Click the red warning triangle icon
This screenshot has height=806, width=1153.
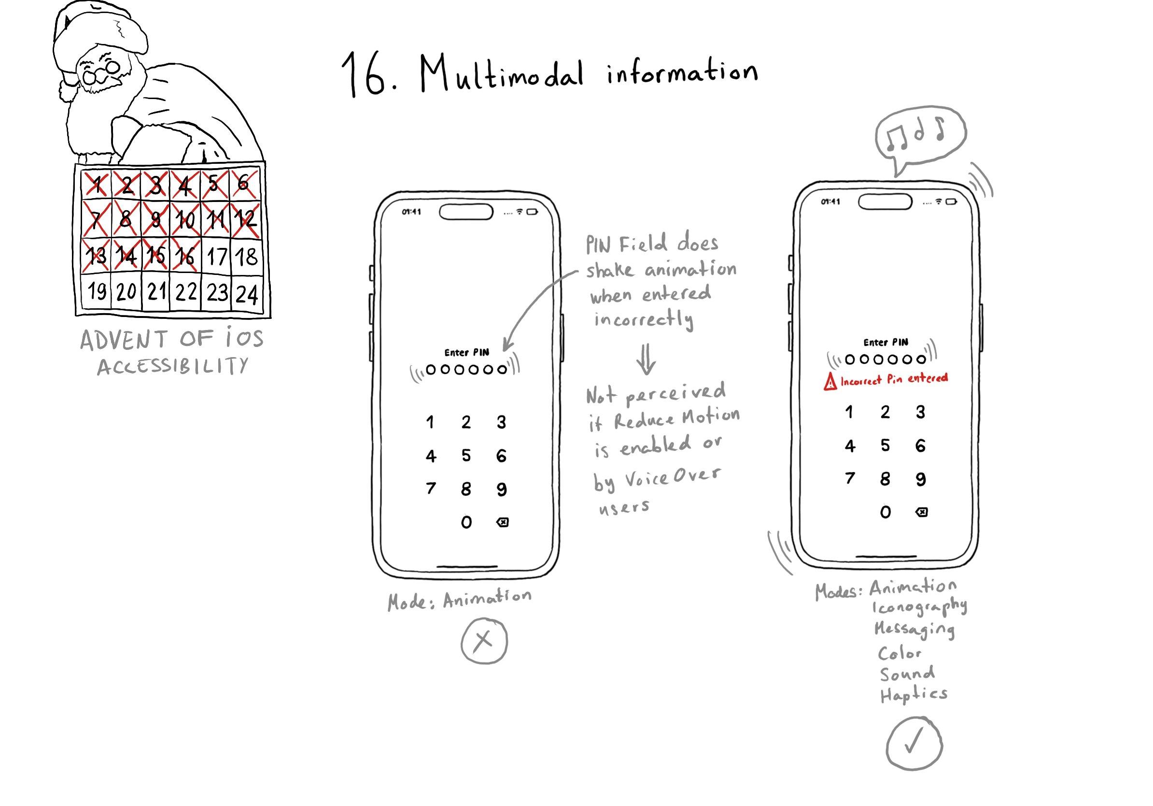coord(830,382)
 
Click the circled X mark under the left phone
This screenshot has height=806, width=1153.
coord(484,641)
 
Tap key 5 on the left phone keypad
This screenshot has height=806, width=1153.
coord(466,455)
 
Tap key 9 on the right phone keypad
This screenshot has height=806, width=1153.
coord(920,479)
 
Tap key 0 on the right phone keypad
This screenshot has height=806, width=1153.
coord(886,512)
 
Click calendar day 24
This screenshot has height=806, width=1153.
coord(247,294)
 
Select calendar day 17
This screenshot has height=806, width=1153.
coord(217,257)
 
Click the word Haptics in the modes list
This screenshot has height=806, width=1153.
coord(914,693)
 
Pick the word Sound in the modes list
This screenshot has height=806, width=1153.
coord(907,673)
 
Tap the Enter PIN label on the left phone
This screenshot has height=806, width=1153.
coord(466,352)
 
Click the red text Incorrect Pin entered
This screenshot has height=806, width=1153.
coord(894,379)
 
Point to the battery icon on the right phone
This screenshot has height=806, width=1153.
coord(951,202)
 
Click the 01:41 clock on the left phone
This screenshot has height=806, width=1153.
coord(411,212)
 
